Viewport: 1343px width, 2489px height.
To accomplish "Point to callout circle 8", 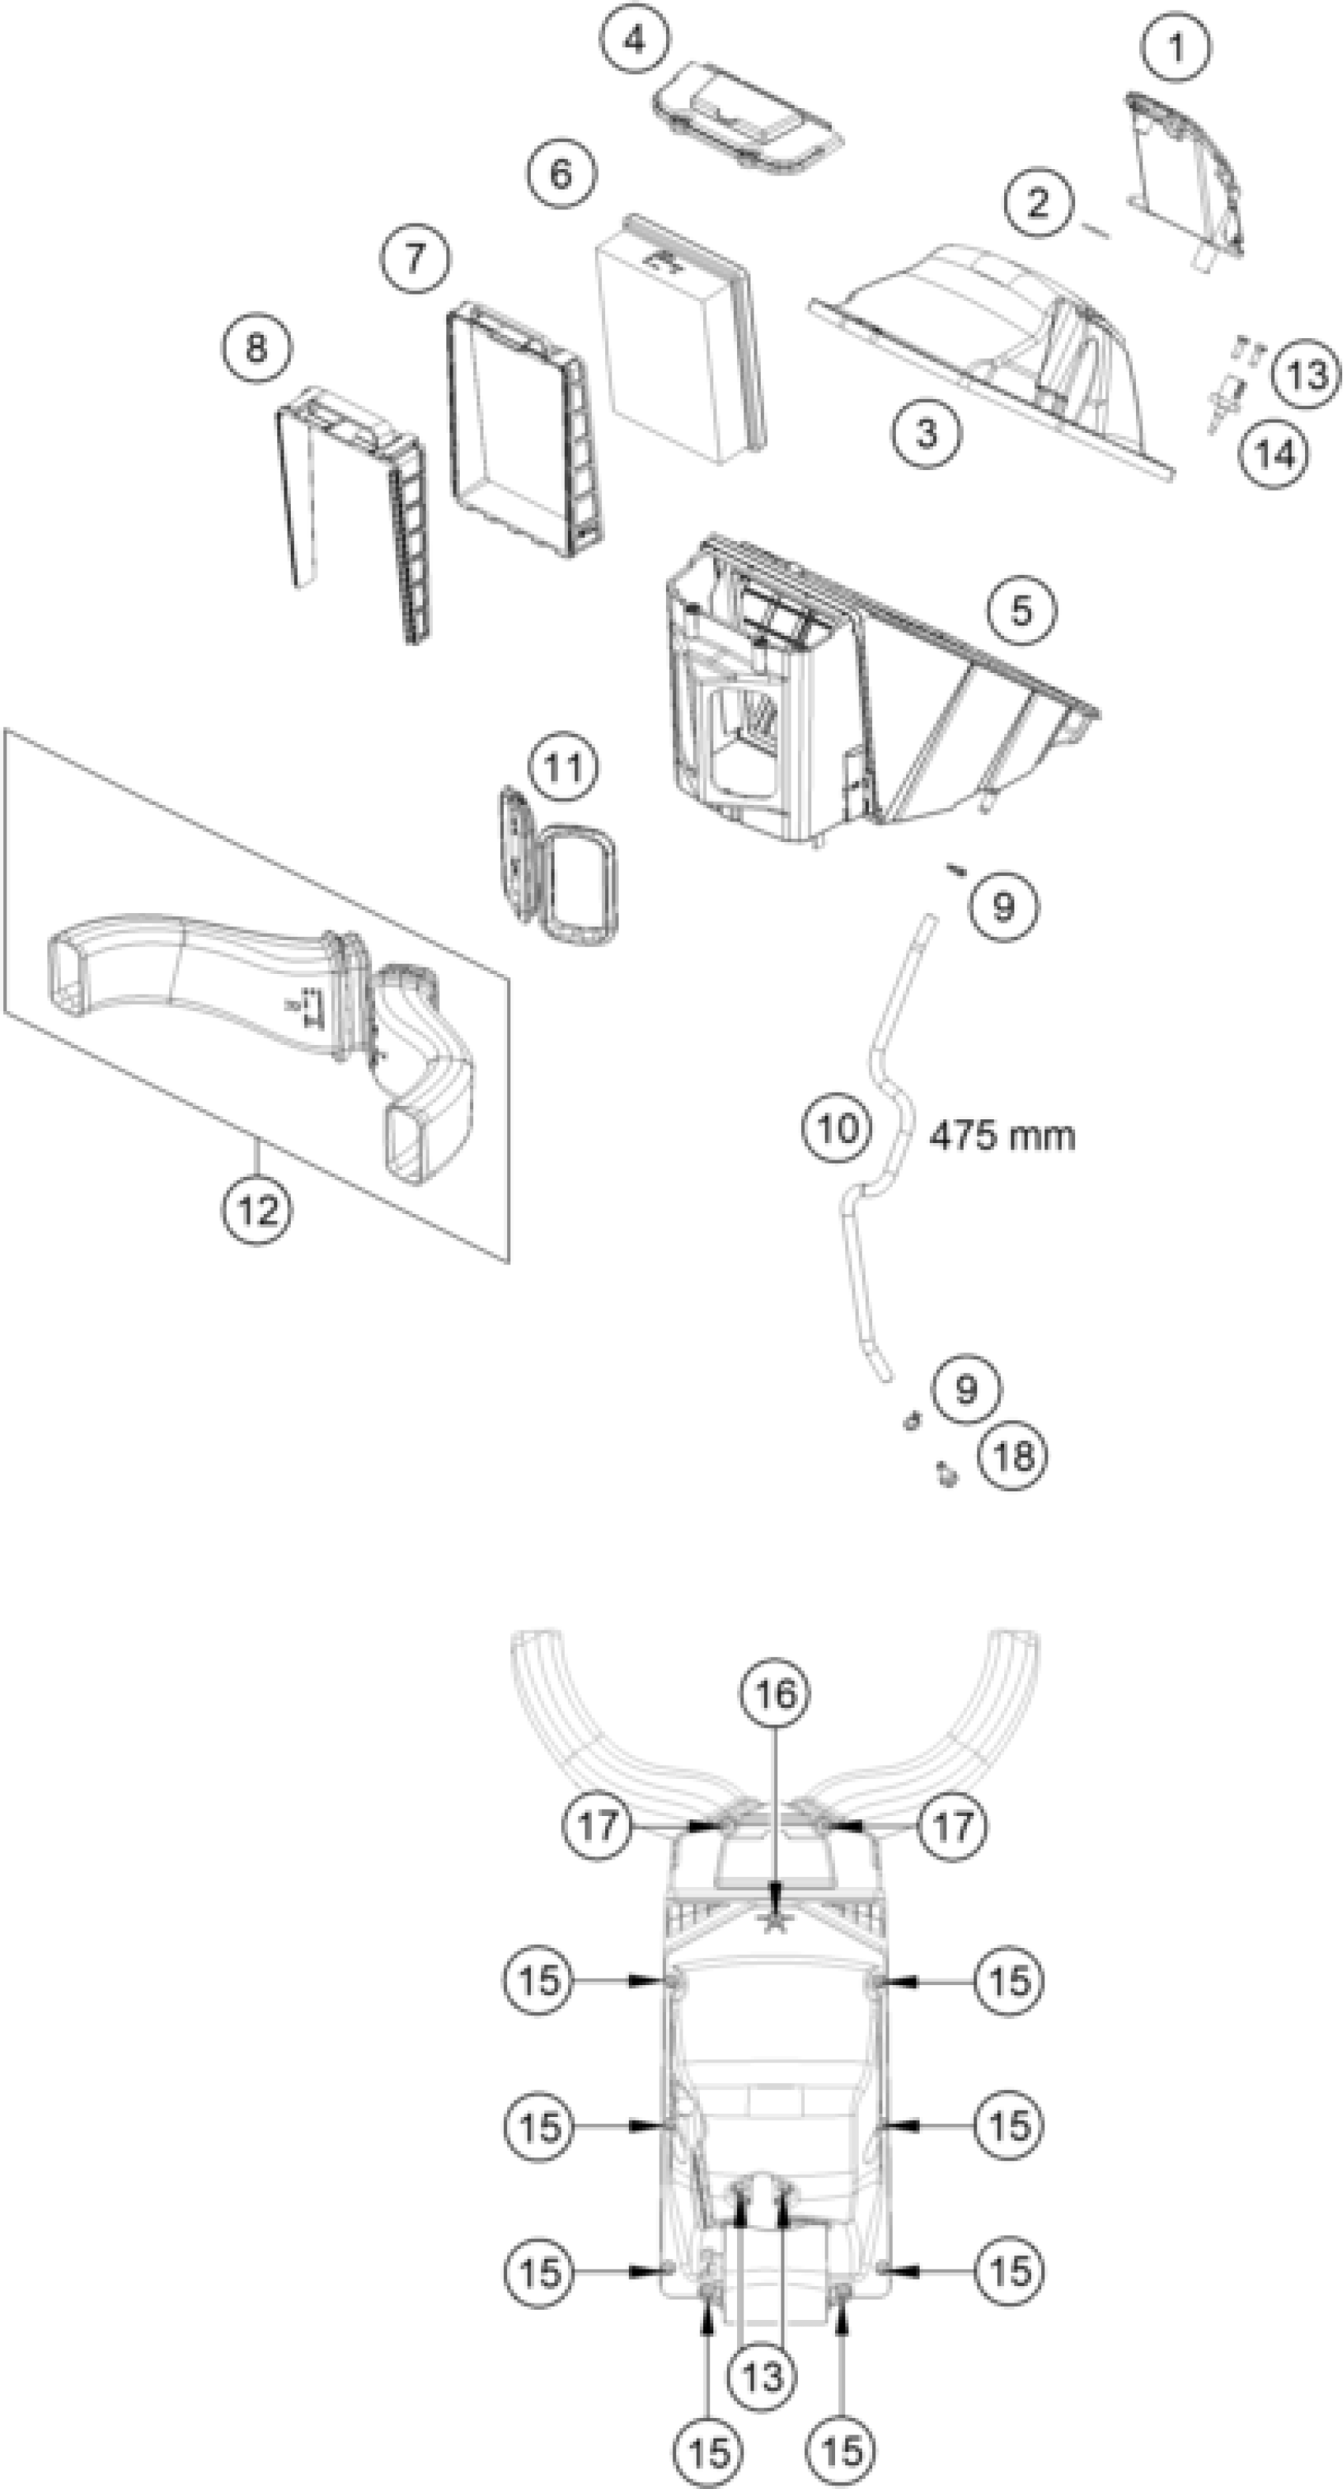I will (x=256, y=348).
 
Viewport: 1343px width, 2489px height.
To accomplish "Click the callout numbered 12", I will (x=257, y=1208).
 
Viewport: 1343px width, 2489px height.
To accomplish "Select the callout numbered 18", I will (x=1014, y=1455).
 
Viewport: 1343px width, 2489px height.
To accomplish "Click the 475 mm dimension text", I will (x=1002, y=1134).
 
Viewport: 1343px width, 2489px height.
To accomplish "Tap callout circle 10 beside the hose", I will (x=837, y=1126).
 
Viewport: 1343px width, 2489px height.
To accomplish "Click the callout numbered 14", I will (x=1274, y=452).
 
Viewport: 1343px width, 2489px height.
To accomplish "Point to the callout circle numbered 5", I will (x=1021, y=611).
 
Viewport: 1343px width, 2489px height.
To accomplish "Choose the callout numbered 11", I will (x=564, y=768).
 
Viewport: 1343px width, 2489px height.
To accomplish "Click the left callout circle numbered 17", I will (x=598, y=1826).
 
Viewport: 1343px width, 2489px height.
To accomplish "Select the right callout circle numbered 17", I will (x=954, y=1826).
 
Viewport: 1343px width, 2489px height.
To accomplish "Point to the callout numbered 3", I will (x=927, y=432).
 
